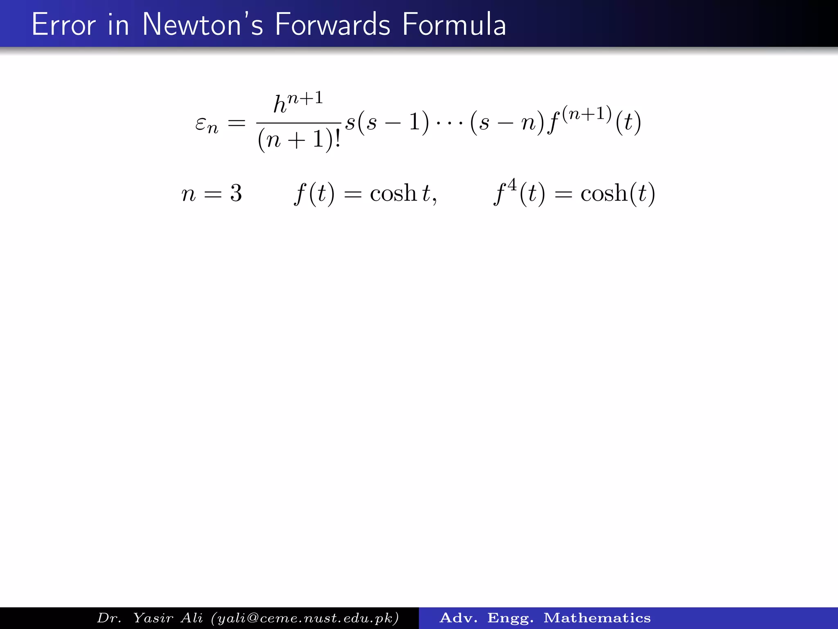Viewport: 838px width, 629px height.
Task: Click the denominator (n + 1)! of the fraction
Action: tap(299, 140)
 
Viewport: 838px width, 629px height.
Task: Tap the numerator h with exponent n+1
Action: tap(298, 102)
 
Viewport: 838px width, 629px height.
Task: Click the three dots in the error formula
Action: tap(449, 123)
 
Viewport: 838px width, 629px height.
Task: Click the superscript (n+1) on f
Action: tap(587, 113)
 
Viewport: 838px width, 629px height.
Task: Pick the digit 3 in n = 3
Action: tap(236, 193)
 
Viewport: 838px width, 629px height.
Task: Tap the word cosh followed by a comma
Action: tap(393, 193)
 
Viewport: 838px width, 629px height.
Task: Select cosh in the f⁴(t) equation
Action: tap(604, 193)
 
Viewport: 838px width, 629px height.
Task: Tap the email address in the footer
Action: tap(305, 618)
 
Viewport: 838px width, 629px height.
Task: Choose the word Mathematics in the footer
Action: tap(597, 618)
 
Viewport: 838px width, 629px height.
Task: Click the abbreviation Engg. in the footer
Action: tap(510, 618)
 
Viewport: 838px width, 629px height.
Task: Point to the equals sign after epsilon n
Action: tap(237, 123)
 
